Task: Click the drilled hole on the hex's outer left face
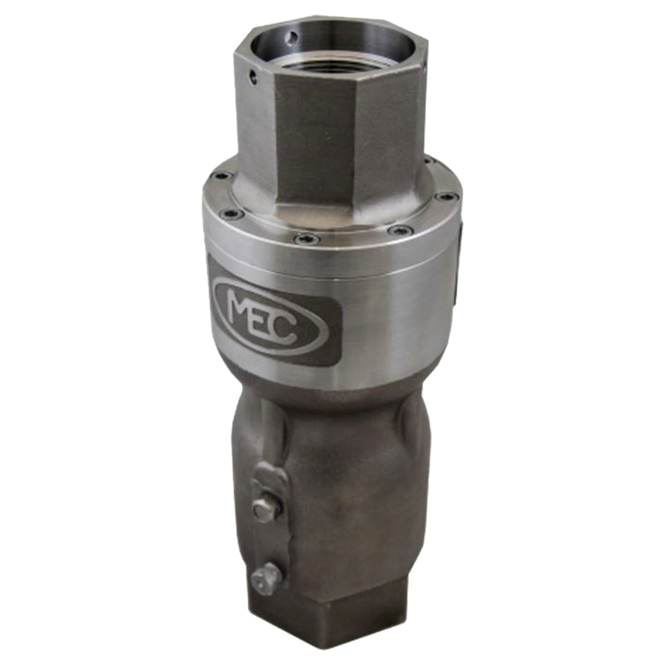tap(253, 77)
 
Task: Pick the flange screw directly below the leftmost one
tap(233, 213)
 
